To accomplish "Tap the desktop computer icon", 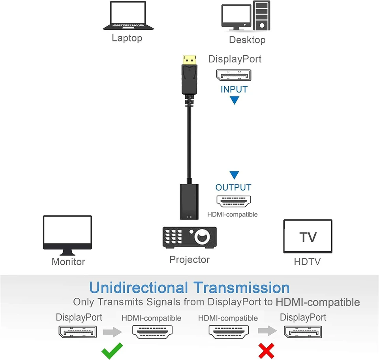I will pos(246,17).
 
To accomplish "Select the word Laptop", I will pos(127,38).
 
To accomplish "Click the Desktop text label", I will pos(247,40).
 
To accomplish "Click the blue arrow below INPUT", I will pos(235,100).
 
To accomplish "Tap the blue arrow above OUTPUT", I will pos(235,175).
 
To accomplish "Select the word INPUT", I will pos(234,89).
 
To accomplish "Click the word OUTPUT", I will pos(233,187).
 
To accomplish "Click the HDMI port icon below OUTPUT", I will pos(234,202).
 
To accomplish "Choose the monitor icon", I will pos(68,235).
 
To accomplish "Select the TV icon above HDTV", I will pos(308,236).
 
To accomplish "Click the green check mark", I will pos(112,351).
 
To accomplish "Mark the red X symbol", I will pos(266,351).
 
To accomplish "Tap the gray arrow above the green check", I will pos(113,332).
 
